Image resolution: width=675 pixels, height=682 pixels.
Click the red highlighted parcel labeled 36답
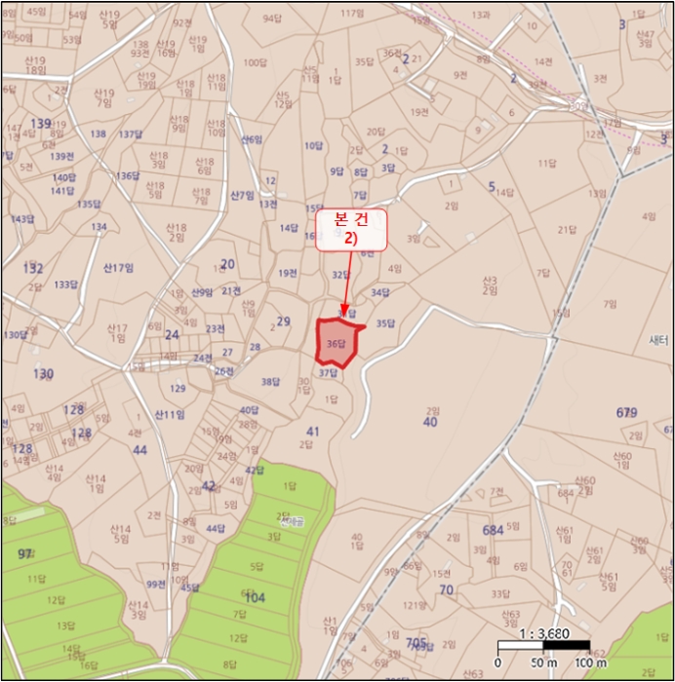pyautogui.click(x=337, y=343)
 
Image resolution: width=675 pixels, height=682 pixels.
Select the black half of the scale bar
pyautogui.click(x=566, y=645)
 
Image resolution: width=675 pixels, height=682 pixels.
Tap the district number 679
pyautogui.click(x=627, y=413)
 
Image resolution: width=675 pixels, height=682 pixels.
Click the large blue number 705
pyautogui.click(x=417, y=641)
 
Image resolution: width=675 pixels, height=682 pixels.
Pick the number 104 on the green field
pyautogui.click(x=255, y=598)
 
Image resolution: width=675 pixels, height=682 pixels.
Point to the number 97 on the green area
pyautogui.click(x=25, y=553)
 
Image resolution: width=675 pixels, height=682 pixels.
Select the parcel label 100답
pyautogui.click(x=255, y=62)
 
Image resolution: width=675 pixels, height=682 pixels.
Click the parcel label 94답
pyautogui.click(x=271, y=19)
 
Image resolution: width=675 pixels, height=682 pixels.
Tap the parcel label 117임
pyautogui.click(x=350, y=15)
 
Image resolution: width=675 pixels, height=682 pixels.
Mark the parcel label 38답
pyautogui.click(x=270, y=382)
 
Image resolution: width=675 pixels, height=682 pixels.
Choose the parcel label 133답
pyautogui.click(x=65, y=284)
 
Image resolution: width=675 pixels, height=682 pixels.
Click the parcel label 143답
pyautogui.click(x=20, y=219)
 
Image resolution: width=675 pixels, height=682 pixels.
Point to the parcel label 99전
pyautogui.click(x=156, y=584)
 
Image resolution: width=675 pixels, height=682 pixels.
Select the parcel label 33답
pyautogui.click(x=499, y=593)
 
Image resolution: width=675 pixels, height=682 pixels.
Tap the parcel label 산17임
pyautogui.click(x=118, y=268)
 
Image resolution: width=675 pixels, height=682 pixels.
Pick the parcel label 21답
pyautogui.click(x=567, y=230)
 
